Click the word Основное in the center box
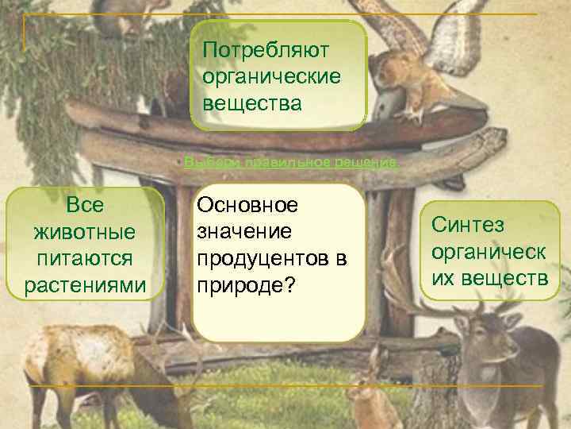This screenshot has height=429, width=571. pos(247,205)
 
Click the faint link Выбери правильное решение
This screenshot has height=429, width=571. pos(290,162)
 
